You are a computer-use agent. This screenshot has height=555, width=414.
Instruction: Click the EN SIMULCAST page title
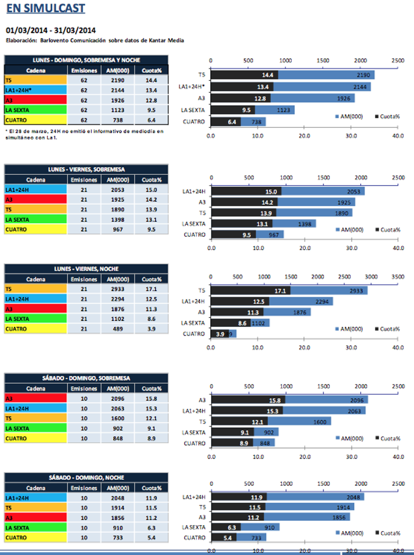click(x=45, y=9)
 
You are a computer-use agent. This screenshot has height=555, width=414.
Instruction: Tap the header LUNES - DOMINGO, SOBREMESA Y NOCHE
click(x=86, y=60)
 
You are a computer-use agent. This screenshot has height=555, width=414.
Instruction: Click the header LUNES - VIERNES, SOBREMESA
click(x=86, y=168)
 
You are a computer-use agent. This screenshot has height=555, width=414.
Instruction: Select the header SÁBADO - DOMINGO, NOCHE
click(x=86, y=477)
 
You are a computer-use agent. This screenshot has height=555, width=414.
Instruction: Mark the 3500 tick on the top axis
click(x=397, y=277)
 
